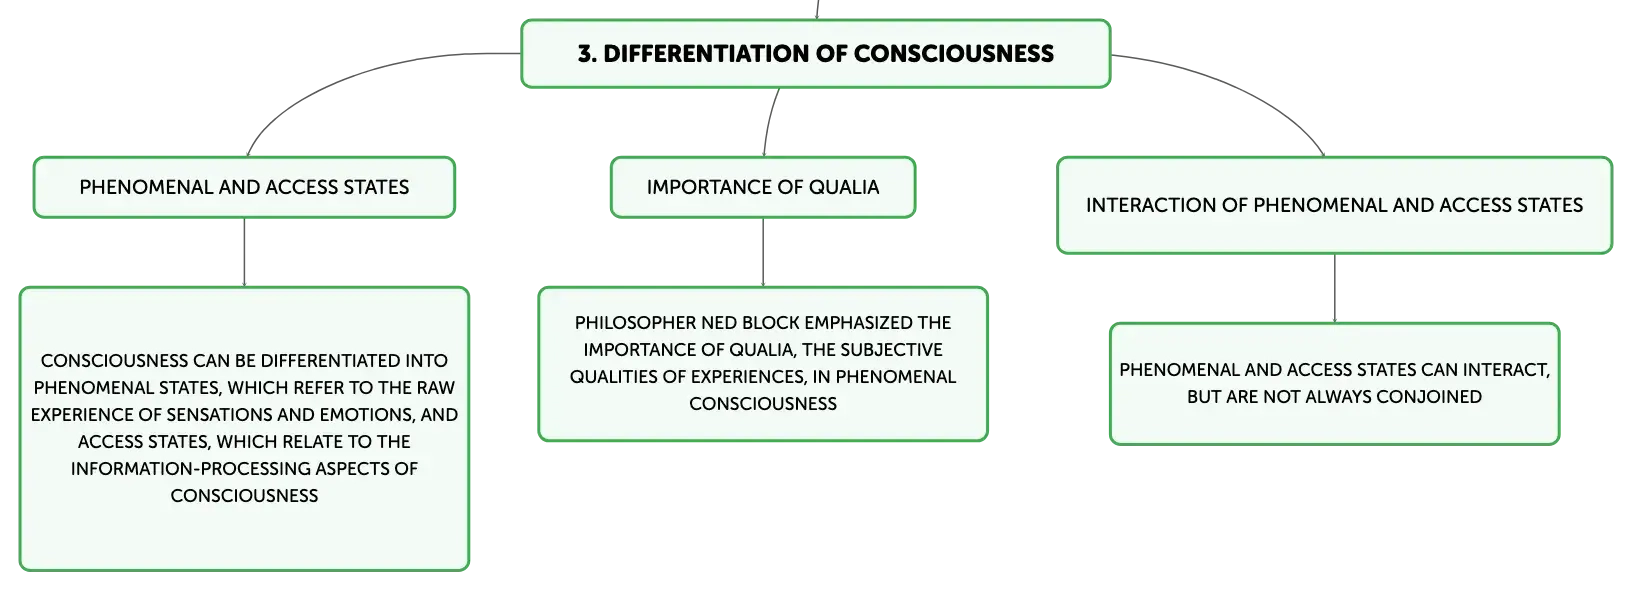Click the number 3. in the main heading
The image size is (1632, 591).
[587, 54]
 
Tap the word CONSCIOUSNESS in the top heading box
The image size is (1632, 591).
[954, 54]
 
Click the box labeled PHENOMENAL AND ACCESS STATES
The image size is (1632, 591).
[244, 187]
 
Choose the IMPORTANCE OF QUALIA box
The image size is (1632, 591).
[763, 187]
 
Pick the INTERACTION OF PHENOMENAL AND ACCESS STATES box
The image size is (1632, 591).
[1335, 206]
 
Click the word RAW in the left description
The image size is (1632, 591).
[436, 388]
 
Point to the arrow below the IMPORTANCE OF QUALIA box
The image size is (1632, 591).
[763, 252]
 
